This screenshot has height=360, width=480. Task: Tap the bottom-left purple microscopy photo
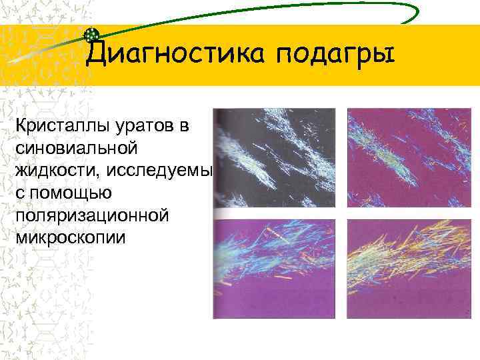click(277, 268)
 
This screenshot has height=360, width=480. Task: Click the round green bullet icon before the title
click(93, 35)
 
